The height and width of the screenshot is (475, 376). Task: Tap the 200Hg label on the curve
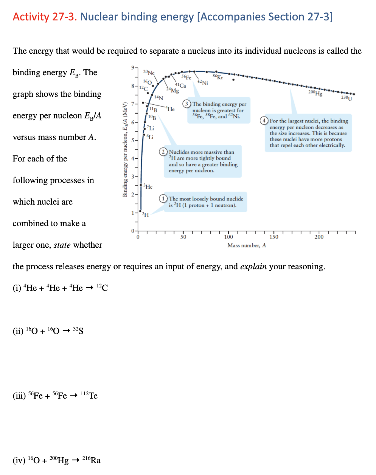315,93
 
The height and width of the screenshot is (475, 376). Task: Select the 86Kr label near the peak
218,77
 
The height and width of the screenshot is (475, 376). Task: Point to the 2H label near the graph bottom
145,215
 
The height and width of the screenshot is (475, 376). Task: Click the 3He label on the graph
148,186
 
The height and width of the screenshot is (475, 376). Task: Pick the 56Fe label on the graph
186,77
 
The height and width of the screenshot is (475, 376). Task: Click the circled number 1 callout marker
163,199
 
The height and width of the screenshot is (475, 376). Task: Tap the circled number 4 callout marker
264,121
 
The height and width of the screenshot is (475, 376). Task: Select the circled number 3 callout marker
186,104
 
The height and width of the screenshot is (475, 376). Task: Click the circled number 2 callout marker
163,152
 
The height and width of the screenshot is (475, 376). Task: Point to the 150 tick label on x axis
273,237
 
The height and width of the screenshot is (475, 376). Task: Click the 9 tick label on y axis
133,67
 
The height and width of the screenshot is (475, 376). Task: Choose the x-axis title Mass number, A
247,245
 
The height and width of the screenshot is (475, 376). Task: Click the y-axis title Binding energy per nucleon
124,149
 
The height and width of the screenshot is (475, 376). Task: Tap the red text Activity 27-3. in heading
45,17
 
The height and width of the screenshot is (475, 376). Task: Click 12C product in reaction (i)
102,288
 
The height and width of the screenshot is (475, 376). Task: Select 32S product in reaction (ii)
78,331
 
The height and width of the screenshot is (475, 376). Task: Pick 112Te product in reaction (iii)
89,396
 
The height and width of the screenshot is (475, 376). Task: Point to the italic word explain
253,267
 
